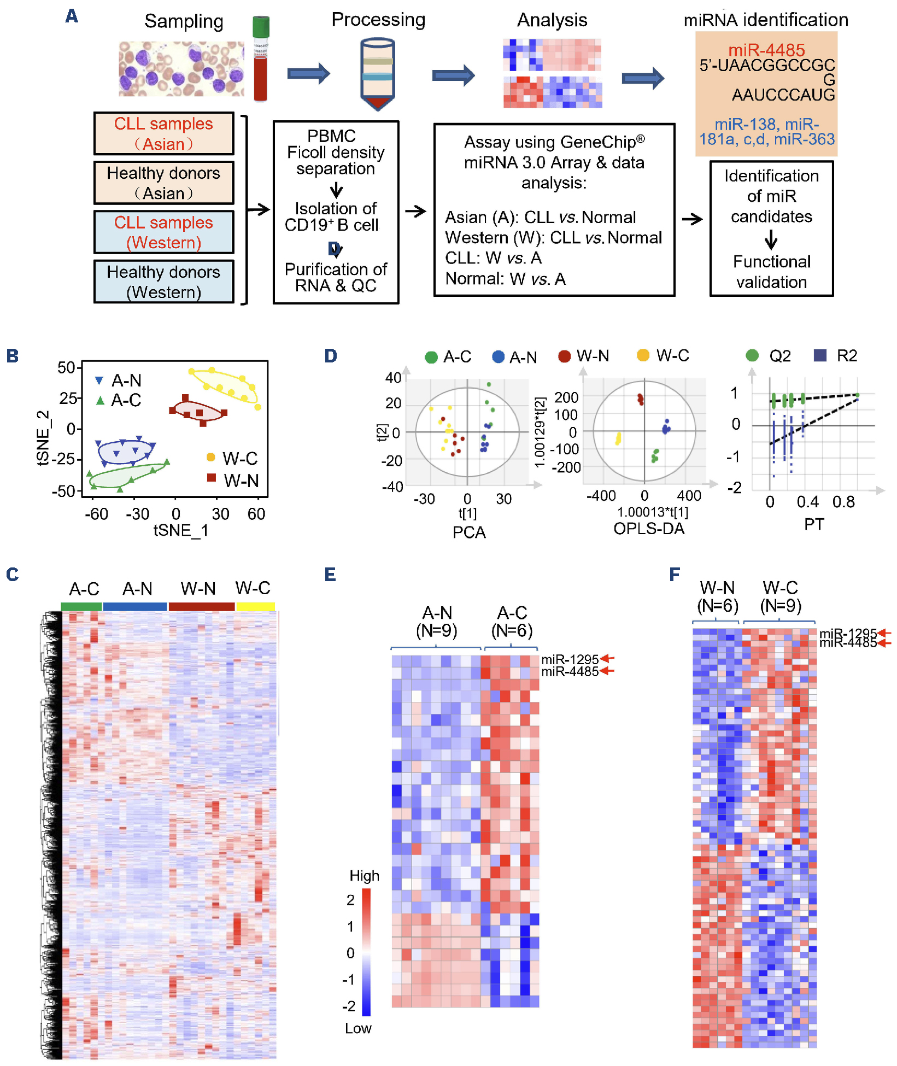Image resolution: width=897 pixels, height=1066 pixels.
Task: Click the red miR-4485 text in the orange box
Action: (x=766, y=50)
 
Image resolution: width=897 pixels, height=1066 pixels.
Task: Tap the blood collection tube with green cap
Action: (x=261, y=59)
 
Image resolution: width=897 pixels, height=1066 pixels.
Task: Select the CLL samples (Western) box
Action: (x=164, y=232)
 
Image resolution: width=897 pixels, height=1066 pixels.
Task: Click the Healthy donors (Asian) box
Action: (x=164, y=183)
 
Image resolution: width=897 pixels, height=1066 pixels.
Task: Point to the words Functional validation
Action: (x=771, y=272)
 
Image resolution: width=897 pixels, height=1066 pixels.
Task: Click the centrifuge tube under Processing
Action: (x=377, y=74)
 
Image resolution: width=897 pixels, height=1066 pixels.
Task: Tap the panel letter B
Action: (x=13, y=356)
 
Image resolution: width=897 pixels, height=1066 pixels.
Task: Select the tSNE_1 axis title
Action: (x=180, y=530)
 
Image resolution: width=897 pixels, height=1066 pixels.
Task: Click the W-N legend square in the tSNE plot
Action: (x=212, y=478)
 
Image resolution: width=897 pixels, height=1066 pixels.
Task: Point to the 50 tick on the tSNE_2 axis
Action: (x=66, y=367)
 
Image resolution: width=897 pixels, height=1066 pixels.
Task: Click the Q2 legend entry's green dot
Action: (x=752, y=356)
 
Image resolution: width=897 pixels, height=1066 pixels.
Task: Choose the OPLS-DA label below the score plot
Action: (x=649, y=529)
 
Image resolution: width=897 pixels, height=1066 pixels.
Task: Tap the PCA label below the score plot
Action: (x=469, y=532)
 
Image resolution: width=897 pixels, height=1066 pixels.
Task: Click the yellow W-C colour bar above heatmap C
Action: (x=255, y=606)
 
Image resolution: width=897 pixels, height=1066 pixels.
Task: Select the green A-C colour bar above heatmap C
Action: (x=81, y=606)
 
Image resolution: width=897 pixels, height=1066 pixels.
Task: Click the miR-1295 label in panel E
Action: (x=570, y=659)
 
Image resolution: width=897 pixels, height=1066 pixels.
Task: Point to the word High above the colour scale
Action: (x=364, y=876)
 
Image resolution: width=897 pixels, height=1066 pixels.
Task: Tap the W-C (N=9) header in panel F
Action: (x=781, y=596)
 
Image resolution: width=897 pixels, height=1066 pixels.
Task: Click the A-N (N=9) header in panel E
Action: (x=437, y=622)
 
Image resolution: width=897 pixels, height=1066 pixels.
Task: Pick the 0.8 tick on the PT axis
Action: (x=843, y=502)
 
